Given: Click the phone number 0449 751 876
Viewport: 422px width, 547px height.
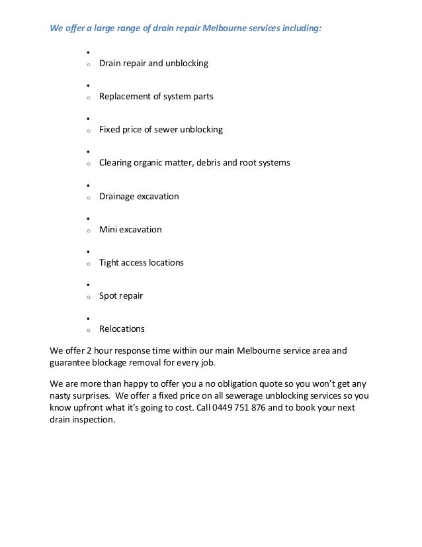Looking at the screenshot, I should pos(247,407).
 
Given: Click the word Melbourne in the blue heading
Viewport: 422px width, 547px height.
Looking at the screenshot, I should pos(222,29).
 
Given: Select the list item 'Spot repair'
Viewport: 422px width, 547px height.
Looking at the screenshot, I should pos(121,296).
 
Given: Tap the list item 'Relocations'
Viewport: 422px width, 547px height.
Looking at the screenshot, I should pos(122,329).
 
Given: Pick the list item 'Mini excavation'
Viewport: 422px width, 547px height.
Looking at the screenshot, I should pos(130,230).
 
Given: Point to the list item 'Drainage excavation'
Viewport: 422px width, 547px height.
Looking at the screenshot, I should pos(139,197).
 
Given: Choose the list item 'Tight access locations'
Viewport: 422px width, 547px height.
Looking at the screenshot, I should pos(142,263).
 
